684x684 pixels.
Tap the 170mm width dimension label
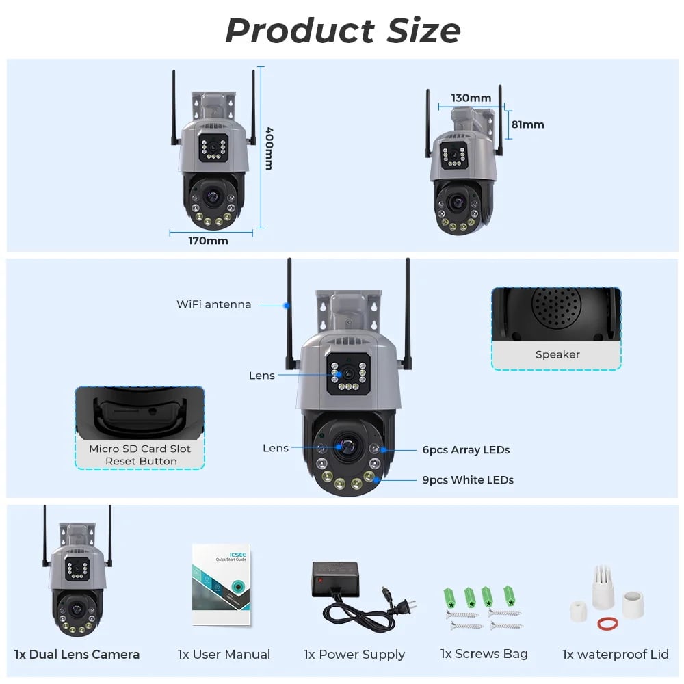tap(208, 241)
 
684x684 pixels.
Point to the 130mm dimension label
tap(471, 98)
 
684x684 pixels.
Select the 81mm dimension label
tap(528, 124)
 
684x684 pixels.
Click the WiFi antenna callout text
tap(213, 304)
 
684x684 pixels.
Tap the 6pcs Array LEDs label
tap(466, 450)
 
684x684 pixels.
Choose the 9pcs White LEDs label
tap(468, 480)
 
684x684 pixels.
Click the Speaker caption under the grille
tap(557, 354)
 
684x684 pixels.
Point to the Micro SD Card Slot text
tap(140, 449)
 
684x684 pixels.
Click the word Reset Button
tap(141, 461)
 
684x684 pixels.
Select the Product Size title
tap(343, 31)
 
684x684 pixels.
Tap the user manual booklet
tap(221, 585)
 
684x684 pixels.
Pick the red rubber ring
tap(605, 623)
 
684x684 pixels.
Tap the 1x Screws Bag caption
tap(484, 654)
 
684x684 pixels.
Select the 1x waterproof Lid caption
tap(615, 655)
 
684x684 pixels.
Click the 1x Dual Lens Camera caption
tap(77, 655)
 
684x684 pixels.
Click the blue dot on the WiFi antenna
tap(287, 304)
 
